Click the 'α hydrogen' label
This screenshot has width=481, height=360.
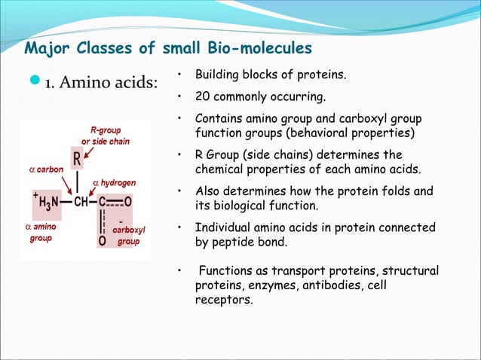tap(114, 182)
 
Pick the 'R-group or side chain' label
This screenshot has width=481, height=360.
tap(105, 136)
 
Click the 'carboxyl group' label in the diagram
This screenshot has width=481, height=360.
tap(128, 236)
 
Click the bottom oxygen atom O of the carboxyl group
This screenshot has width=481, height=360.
tap(102, 241)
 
